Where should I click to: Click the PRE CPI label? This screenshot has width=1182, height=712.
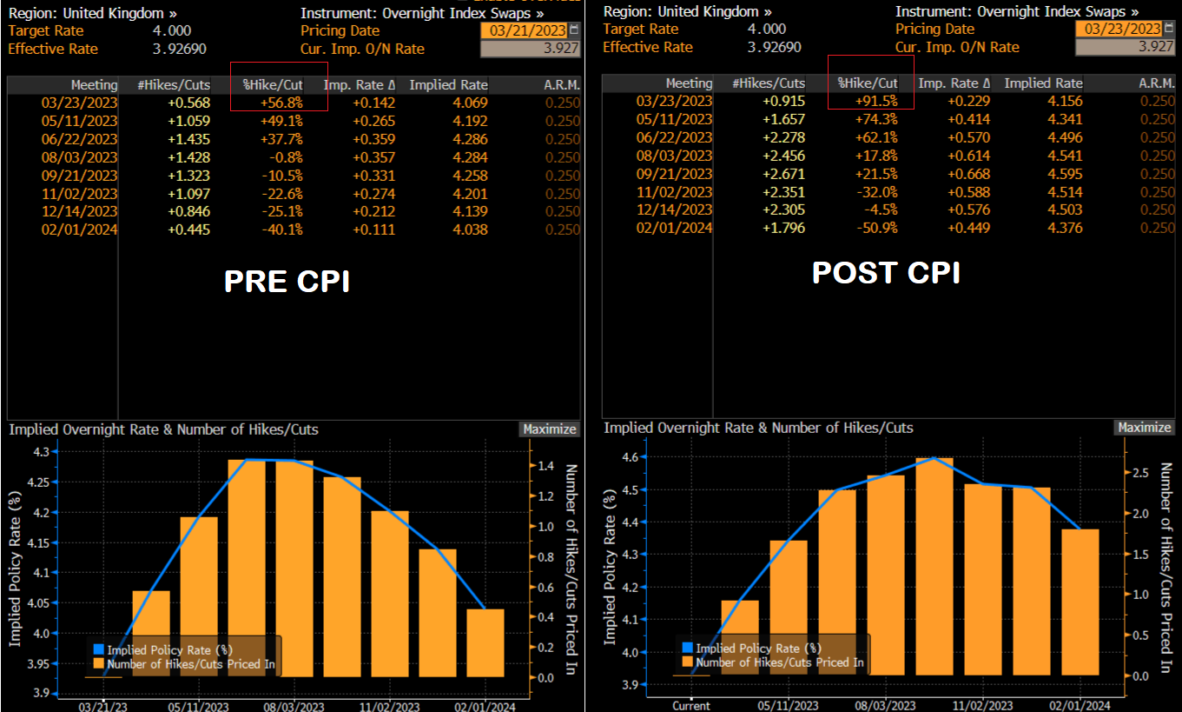pos(287,281)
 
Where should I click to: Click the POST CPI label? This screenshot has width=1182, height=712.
pos(886,272)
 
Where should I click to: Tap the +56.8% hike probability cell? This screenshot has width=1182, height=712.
pos(281,103)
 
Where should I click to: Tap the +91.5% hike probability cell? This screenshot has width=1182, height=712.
pos(876,101)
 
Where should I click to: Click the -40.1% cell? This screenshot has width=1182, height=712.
pos(281,230)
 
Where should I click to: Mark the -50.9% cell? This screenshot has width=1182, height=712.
pos(876,229)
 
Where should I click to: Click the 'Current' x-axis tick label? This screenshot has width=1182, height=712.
pos(691,706)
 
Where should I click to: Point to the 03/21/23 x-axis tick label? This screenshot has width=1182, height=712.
pos(103,707)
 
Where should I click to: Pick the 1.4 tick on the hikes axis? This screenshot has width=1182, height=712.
pos(546,466)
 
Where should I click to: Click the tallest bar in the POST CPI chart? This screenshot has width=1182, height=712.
pos(934,565)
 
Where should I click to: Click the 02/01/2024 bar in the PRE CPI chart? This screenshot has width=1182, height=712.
pos(485,642)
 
